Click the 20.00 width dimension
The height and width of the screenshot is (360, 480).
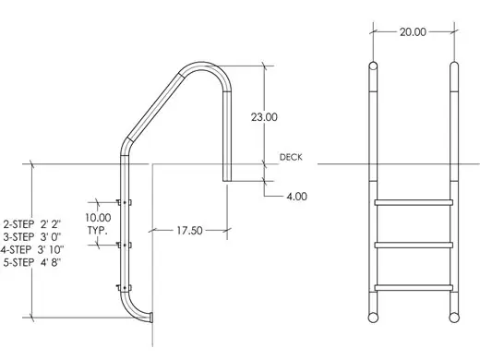pos(413,32)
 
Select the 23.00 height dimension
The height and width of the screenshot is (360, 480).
pos(264,117)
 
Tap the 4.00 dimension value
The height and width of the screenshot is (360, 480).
pos(297,197)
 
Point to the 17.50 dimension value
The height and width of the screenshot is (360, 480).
pos(189,231)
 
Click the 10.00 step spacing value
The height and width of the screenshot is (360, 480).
pos(98,218)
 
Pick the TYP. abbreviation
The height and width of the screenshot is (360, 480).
pos(98,230)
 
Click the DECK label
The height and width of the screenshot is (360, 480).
pos(291,157)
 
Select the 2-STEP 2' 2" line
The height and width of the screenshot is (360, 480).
pos(32,224)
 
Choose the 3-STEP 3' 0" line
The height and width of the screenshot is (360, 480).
pos(32,237)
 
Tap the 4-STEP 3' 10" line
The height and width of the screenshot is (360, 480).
pos(32,249)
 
